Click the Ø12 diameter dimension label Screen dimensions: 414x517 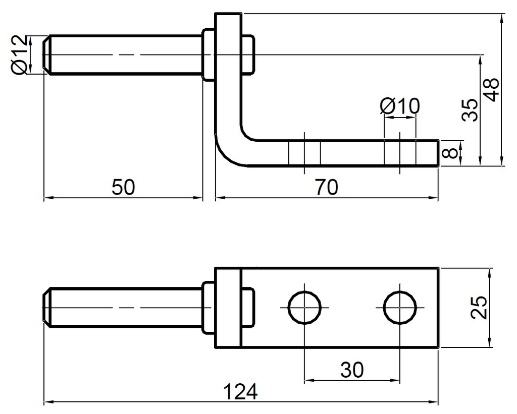[19, 55]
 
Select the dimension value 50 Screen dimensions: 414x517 [123, 188]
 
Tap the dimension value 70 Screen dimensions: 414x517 [326, 188]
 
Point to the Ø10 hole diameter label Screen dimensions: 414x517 [399, 106]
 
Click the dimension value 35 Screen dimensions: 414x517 [470, 110]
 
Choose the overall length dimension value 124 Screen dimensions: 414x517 [240, 392]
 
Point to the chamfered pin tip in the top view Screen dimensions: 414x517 [46, 54]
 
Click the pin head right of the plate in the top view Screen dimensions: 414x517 [248, 54]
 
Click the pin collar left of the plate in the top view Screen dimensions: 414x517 [209, 54]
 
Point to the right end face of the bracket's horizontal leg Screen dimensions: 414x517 [438, 153]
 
